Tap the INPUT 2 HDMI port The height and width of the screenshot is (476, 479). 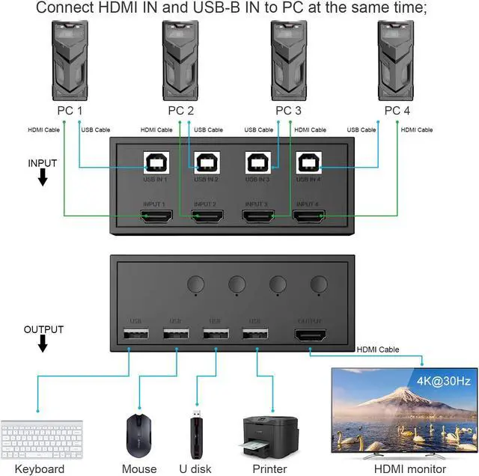coord(207,217)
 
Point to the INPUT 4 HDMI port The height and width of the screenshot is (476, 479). coord(308,217)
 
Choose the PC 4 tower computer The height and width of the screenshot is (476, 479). coord(397,60)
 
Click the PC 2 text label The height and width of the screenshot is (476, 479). coord(181,111)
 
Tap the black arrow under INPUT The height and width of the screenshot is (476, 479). coord(43,177)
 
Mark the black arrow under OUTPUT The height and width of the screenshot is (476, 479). coord(43,343)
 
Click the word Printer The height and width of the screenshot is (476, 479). coord(269,469)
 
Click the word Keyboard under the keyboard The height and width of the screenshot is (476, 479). coord(40,469)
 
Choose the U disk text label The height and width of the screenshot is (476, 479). coord(197,469)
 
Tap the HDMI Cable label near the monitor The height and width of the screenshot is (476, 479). coord(378,349)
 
